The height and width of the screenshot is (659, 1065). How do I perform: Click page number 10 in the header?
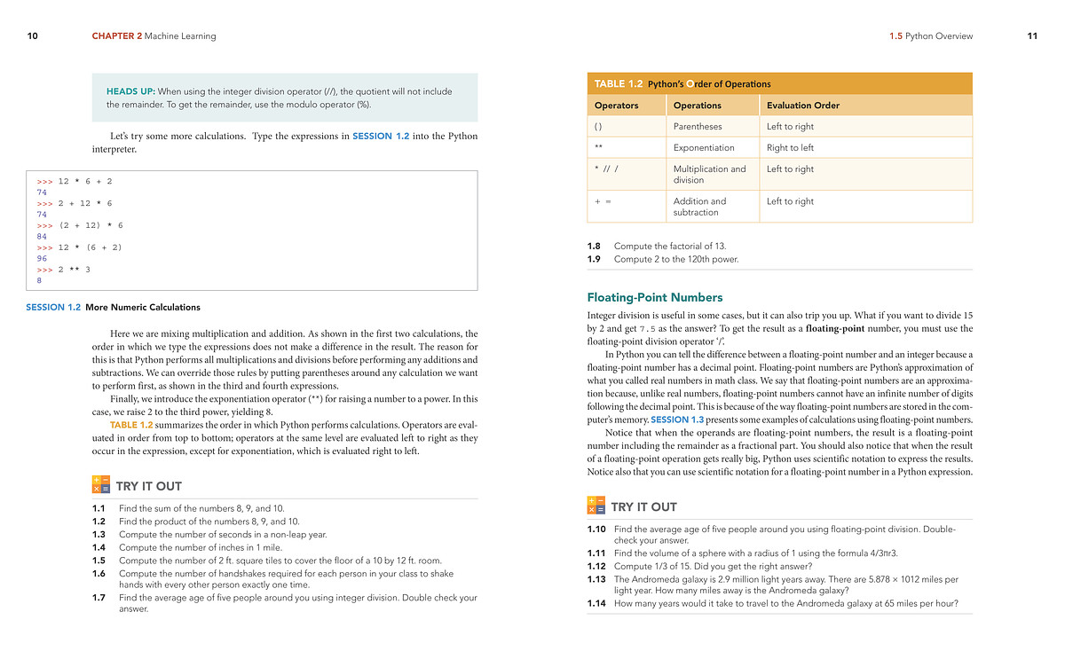point(33,36)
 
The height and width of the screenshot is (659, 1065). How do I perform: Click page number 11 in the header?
point(1032,36)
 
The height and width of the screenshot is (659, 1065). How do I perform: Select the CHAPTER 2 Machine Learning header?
point(154,36)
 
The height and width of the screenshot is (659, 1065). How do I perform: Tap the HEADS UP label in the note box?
point(130,91)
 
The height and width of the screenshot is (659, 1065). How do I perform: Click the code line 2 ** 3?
point(75,269)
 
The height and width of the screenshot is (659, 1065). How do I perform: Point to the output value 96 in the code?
point(42,258)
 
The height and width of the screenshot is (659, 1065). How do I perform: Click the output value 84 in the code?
point(42,237)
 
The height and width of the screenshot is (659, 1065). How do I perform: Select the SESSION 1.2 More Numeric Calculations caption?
point(113,307)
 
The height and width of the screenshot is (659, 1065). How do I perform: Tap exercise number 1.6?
point(99,573)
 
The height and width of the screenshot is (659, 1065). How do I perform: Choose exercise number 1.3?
point(99,534)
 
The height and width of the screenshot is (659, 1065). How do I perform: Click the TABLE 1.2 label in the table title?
point(618,83)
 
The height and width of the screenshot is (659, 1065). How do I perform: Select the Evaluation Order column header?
point(802,106)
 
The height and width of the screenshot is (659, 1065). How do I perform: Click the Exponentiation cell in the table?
point(704,148)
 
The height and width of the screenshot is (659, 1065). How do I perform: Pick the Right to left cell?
point(790,148)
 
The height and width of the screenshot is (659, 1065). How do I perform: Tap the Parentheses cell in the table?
point(698,127)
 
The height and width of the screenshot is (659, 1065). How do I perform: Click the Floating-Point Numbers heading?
point(655,297)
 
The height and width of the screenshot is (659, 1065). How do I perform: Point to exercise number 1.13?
point(596,579)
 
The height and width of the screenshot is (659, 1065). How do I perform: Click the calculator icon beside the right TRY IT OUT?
point(596,506)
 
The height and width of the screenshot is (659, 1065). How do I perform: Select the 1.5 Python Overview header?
point(930,36)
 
